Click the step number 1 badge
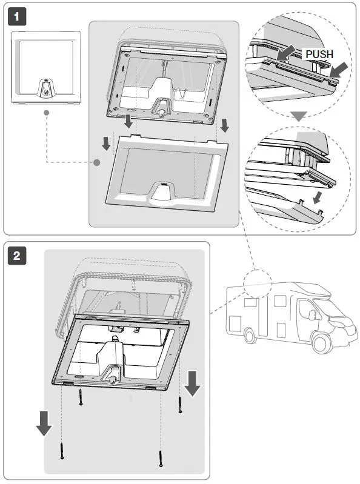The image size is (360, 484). (17, 16)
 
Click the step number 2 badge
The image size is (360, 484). (17, 255)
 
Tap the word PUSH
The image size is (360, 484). (319, 55)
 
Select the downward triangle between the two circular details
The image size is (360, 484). (299, 116)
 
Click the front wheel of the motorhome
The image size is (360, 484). (321, 343)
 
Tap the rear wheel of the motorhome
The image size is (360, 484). (250, 336)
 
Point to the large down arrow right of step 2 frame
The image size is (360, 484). (192, 383)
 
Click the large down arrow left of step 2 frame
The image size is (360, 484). (44, 423)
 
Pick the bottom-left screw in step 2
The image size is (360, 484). (62, 451)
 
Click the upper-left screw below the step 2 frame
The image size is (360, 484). (81, 397)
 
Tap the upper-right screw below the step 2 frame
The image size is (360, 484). (181, 405)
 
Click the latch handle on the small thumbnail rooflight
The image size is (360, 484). (45, 88)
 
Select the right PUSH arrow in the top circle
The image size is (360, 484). (338, 70)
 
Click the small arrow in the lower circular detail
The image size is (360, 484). (317, 198)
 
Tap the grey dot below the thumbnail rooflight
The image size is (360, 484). (47, 113)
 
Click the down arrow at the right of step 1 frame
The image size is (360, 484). (225, 126)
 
